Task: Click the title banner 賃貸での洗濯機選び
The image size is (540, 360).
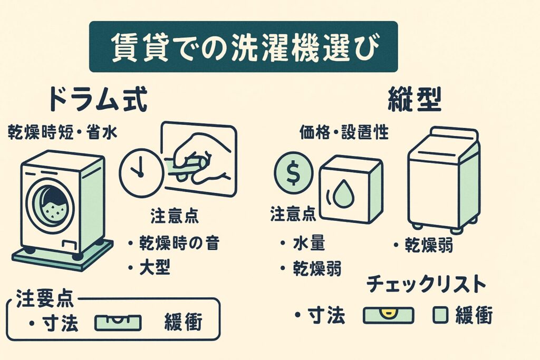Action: (x=243, y=47)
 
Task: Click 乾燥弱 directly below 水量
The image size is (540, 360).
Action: (x=316, y=269)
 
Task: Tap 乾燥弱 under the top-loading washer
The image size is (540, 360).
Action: (x=429, y=245)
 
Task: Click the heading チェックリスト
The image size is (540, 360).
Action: (x=426, y=285)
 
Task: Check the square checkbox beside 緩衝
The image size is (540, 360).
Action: (x=440, y=315)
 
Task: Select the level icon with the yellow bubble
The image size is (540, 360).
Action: (x=388, y=315)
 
